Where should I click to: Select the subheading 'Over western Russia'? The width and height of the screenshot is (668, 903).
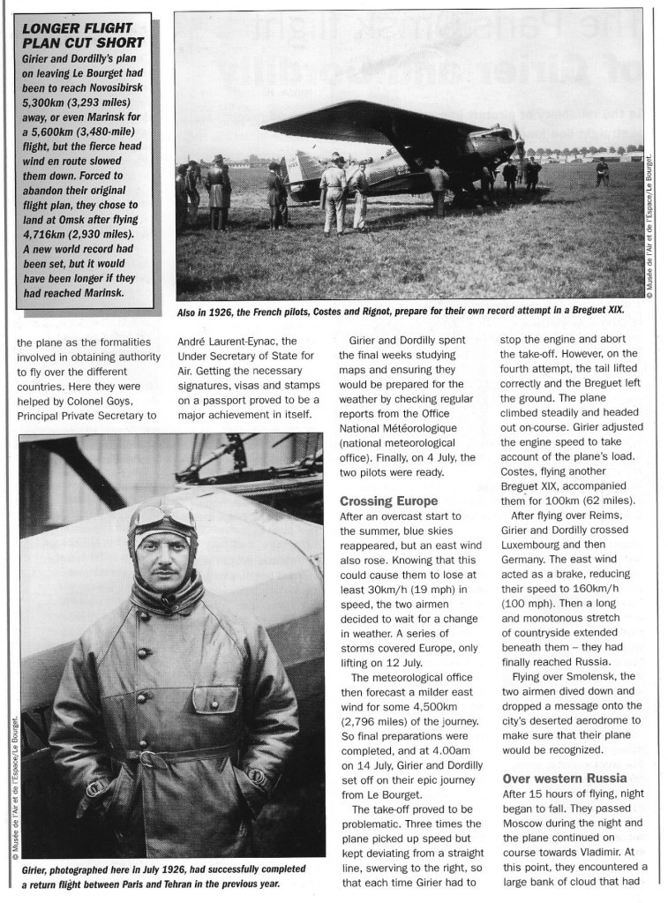coord(564,779)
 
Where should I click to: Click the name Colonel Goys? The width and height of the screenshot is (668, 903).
coord(61,398)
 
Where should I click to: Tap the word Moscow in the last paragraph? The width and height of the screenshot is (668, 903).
coord(529,830)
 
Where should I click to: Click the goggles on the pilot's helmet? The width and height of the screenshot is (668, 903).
coord(161,517)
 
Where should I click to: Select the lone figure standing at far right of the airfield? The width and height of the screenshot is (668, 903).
coord(603,170)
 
